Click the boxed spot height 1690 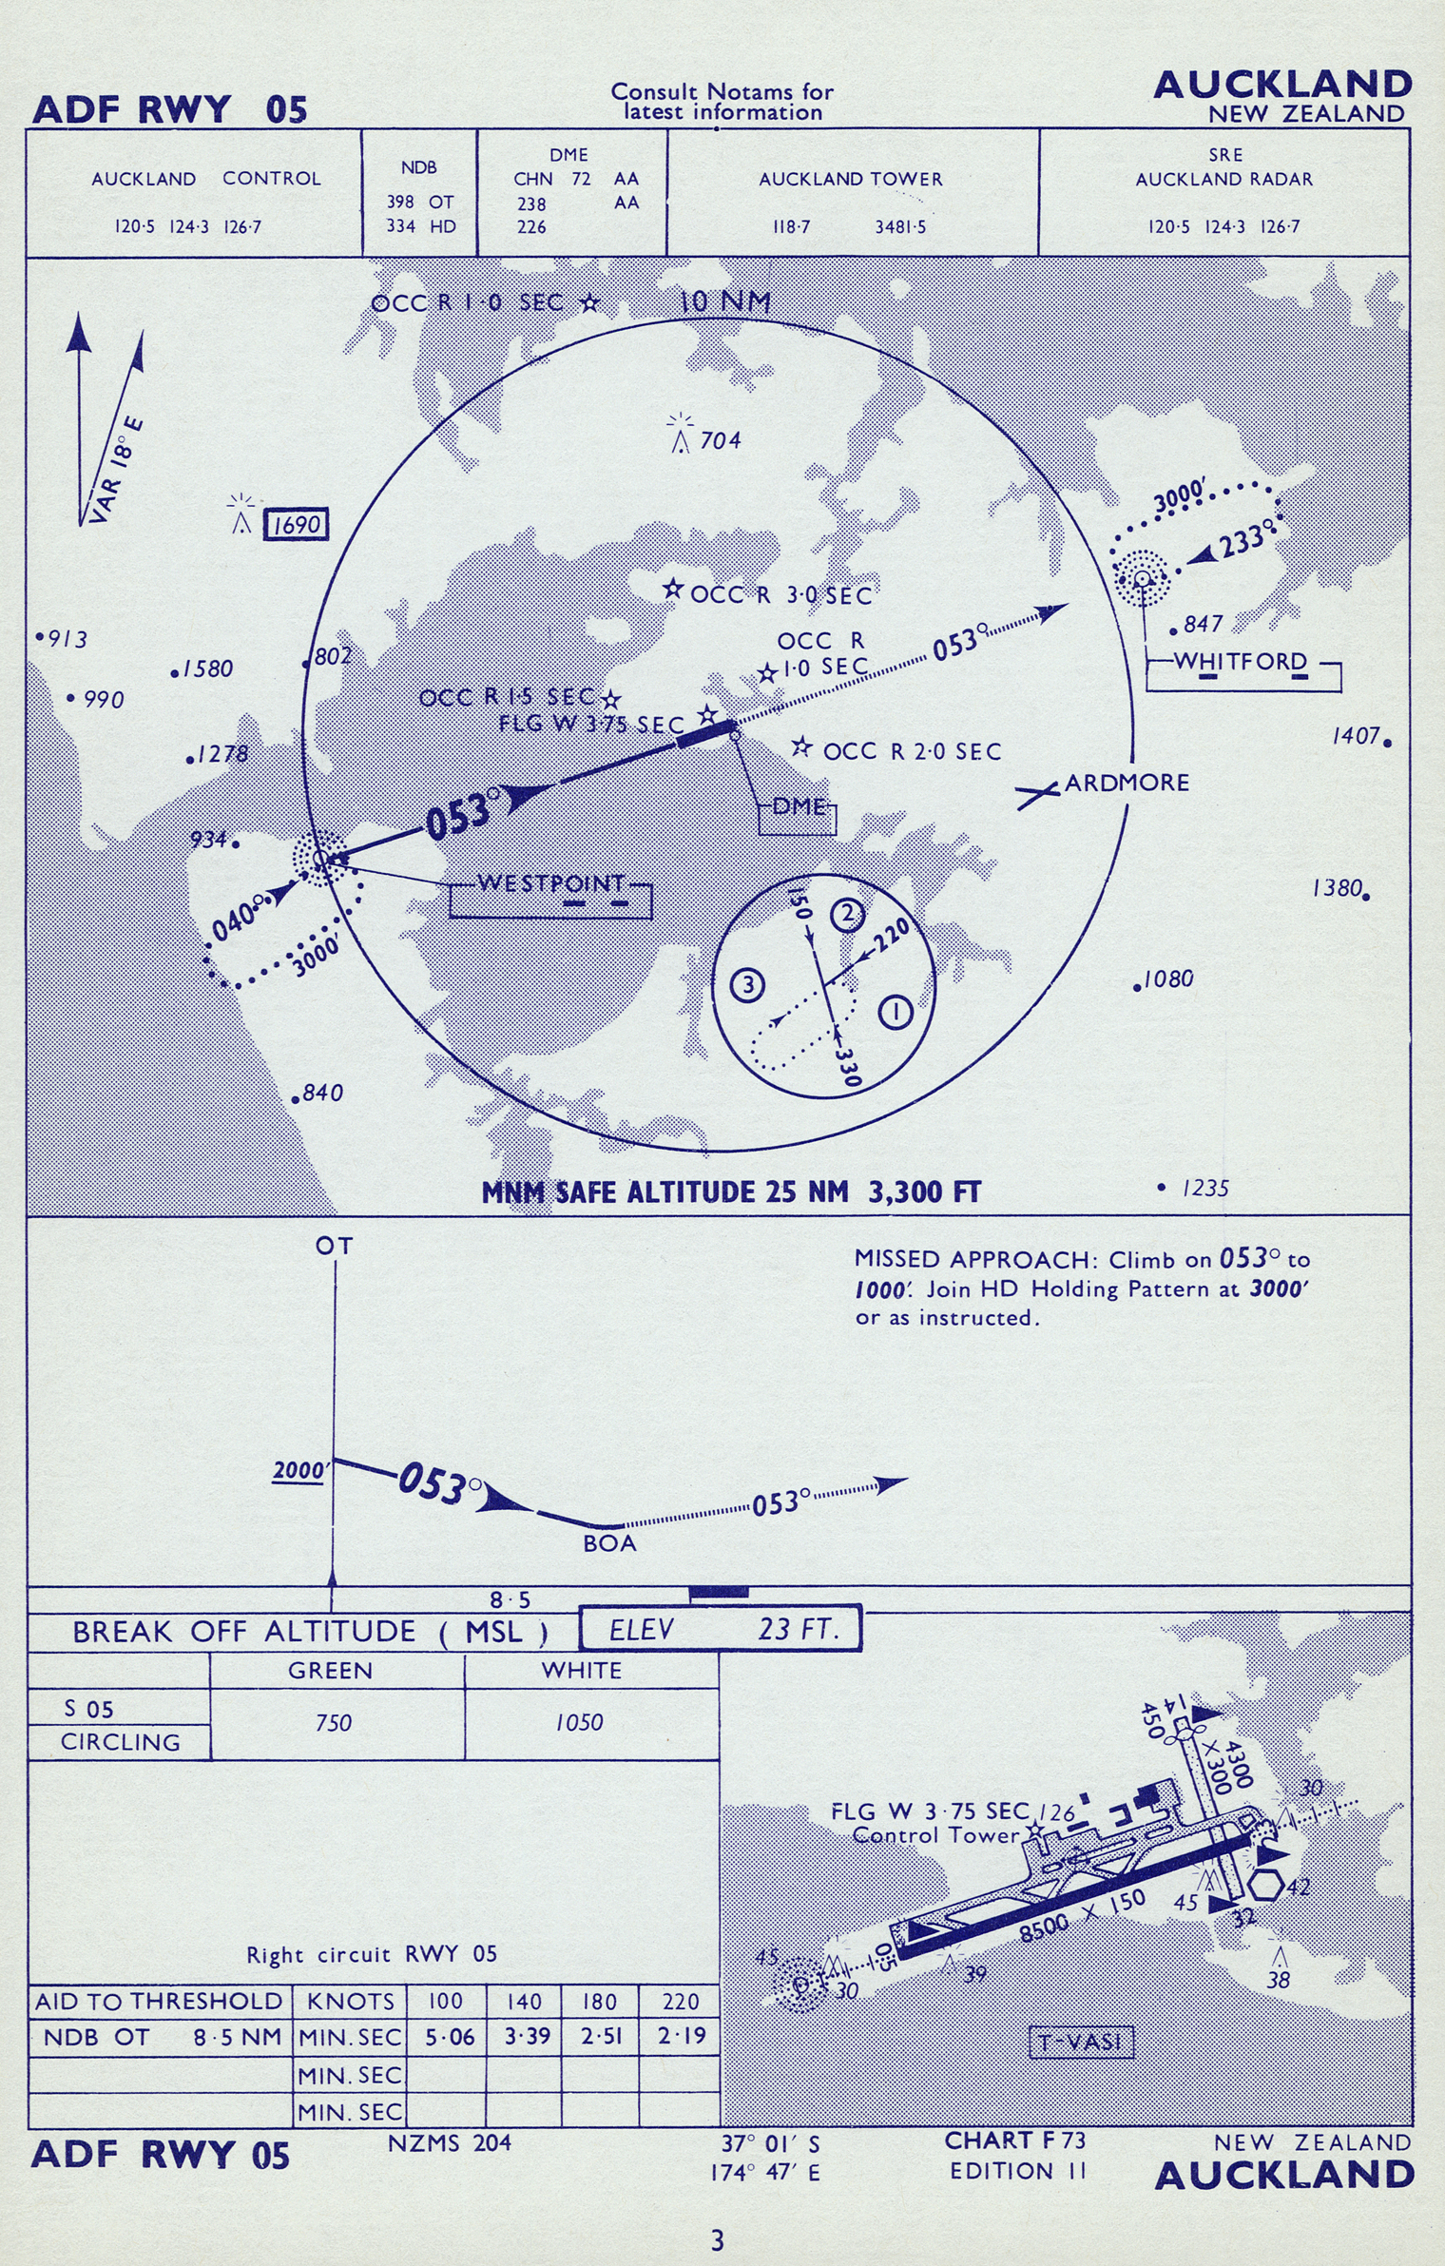(296, 524)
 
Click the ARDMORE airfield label (1127, 783)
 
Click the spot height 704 (720, 440)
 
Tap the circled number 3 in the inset (748, 984)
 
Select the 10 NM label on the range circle (724, 301)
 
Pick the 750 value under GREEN (333, 1722)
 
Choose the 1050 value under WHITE (579, 1721)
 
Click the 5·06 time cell (445, 2036)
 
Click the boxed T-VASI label (1082, 2041)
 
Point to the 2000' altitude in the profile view (301, 1470)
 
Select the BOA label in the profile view (609, 1543)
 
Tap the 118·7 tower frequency (790, 227)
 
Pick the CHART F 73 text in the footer (1014, 2140)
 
